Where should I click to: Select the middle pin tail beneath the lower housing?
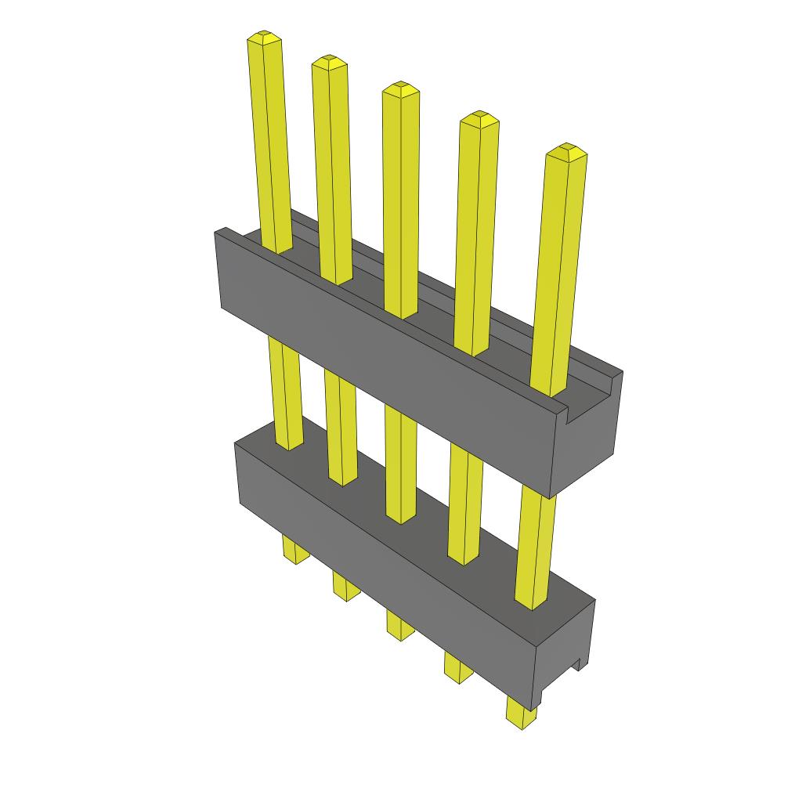400,625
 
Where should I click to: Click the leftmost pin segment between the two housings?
285,392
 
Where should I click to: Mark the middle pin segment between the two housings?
401,462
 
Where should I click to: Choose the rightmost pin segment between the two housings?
536,548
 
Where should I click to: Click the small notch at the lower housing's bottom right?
579,665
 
